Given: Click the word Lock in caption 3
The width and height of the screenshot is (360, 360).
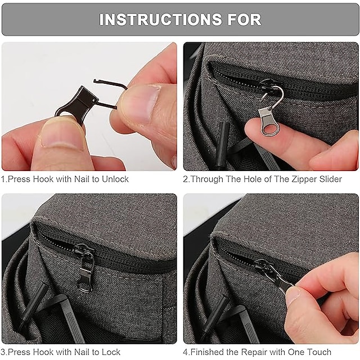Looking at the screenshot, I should [x=110, y=352].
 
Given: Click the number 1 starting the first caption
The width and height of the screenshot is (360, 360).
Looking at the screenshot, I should [x=3, y=179].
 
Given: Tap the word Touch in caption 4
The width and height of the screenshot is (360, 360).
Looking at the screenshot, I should [x=328, y=352].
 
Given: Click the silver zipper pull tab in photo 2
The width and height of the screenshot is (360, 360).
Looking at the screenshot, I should [x=269, y=121].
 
